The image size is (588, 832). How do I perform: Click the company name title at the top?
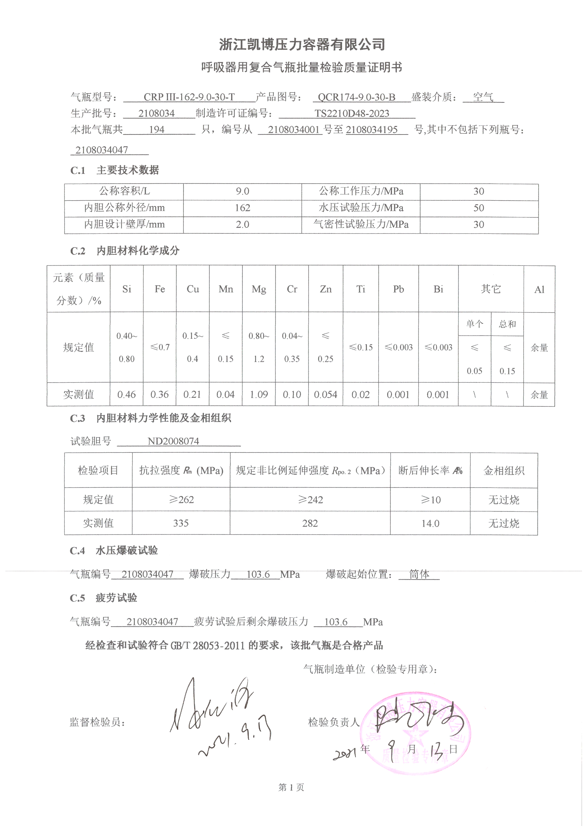tap(302, 44)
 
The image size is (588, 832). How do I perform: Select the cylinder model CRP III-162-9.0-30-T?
tap(189, 97)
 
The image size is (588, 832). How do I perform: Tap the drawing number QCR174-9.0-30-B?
tap(356, 97)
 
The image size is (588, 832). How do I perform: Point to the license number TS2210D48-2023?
tap(352, 114)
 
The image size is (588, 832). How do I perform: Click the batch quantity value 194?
tap(157, 130)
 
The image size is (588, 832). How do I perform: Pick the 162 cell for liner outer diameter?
tap(242, 208)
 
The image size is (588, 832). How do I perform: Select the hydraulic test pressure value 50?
tap(478, 208)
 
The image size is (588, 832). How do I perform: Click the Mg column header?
tap(259, 289)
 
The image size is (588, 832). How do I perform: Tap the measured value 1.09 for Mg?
tap(259, 395)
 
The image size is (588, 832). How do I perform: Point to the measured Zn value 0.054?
tap(326, 395)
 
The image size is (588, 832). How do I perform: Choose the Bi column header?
tap(438, 289)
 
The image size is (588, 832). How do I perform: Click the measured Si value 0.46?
tap(126, 395)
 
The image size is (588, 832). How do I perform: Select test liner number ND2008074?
tap(173, 441)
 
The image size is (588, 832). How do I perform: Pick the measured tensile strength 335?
tap(181, 523)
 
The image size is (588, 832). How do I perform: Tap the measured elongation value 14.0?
tap(430, 523)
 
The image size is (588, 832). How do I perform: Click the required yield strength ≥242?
tap(310, 500)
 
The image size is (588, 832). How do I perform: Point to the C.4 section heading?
tap(114, 551)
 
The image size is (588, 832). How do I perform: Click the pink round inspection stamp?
tap(416, 734)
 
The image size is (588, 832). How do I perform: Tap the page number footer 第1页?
tap(291, 788)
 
